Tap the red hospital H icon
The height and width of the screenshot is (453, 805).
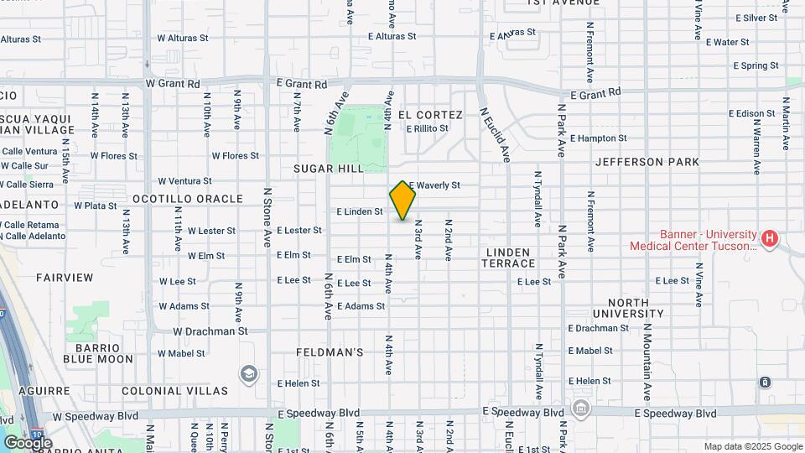coord(770,240)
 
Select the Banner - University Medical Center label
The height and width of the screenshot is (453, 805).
coord(693,241)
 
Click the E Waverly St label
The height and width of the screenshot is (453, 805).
coord(434,185)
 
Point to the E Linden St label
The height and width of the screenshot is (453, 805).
coord(360,212)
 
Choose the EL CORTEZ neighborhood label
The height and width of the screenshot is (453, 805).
coord(430,115)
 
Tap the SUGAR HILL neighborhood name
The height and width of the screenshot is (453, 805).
coord(328,169)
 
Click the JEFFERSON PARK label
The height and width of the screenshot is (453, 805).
coord(647,162)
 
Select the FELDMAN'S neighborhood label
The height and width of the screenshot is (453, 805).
coord(330,352)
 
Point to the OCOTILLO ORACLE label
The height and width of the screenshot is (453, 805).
coord(187,199)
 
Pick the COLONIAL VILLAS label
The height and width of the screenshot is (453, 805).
coord(174,391)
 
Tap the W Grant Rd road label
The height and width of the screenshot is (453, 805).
coord(173,84)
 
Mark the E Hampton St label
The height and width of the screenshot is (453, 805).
coord(598,138)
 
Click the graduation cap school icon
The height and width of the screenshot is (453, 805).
coord(248,374)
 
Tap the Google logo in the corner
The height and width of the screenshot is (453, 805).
coord(27,443)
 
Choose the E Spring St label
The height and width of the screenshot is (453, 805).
coord(756,65)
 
